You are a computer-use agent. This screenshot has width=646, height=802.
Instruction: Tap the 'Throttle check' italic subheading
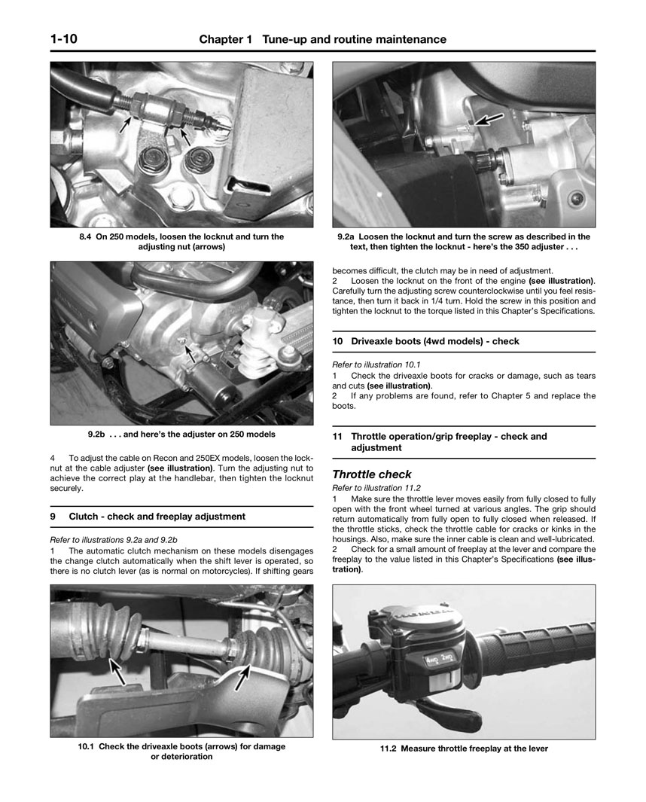tap(372, 474)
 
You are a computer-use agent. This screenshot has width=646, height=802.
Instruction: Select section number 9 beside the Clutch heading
tap(53, 517)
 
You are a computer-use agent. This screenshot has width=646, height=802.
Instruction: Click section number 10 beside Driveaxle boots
tap(338, 341)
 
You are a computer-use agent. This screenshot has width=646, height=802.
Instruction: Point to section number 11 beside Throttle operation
tap(338, 436)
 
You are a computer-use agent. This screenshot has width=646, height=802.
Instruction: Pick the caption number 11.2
tap(389, 749)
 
